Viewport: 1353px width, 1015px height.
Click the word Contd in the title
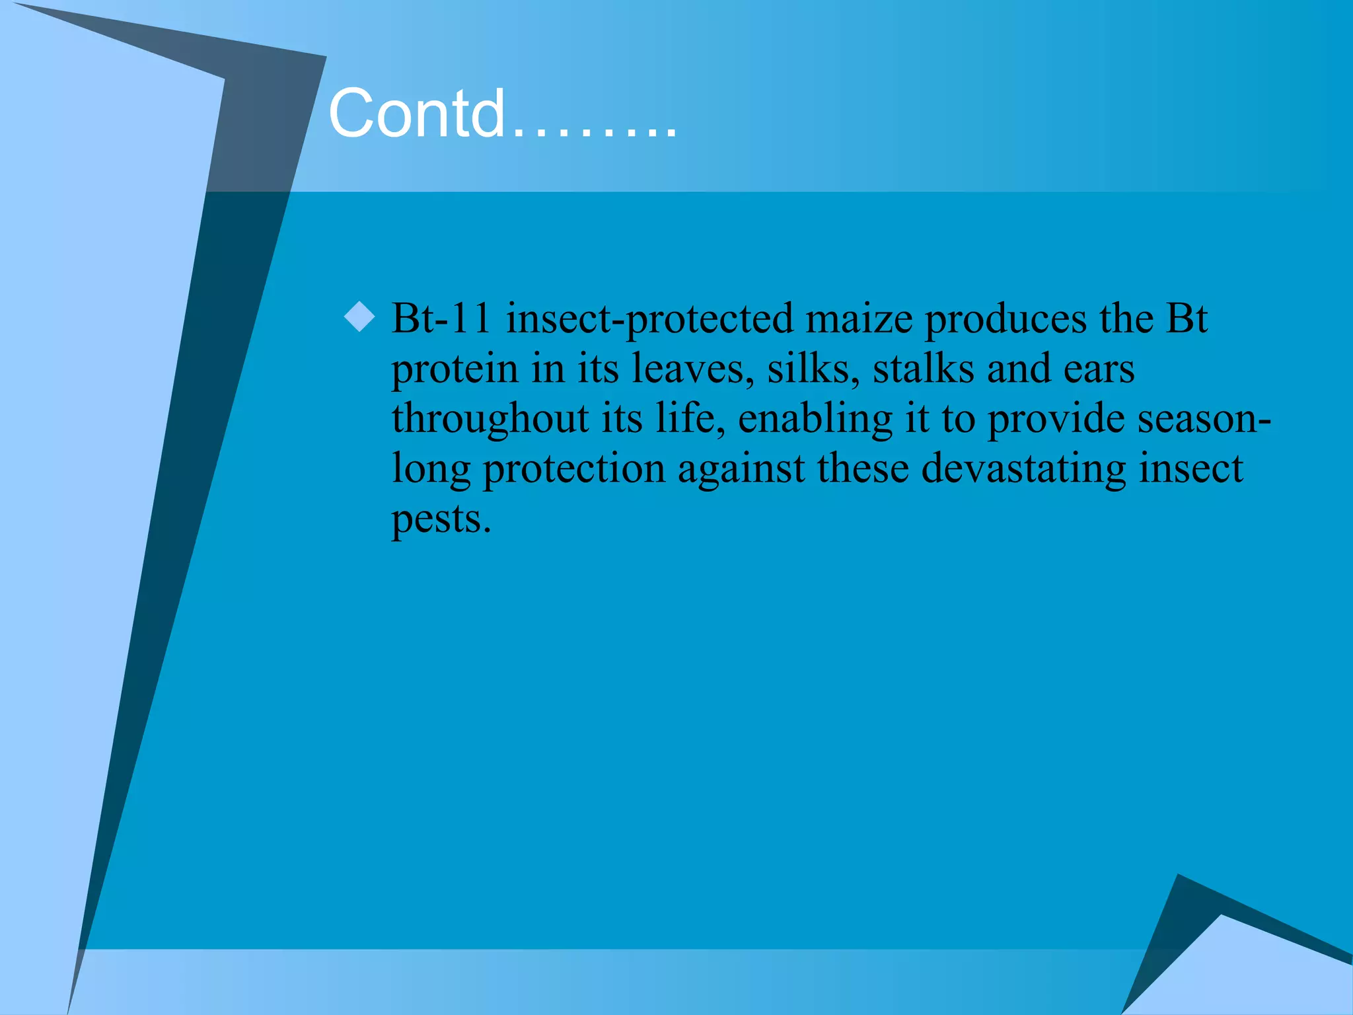416,114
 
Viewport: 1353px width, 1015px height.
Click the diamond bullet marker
359,317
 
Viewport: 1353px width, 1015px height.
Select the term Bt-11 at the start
441,319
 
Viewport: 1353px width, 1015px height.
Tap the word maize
859,319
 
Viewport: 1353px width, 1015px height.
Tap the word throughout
490,420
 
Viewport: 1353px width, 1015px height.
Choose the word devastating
1023,470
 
